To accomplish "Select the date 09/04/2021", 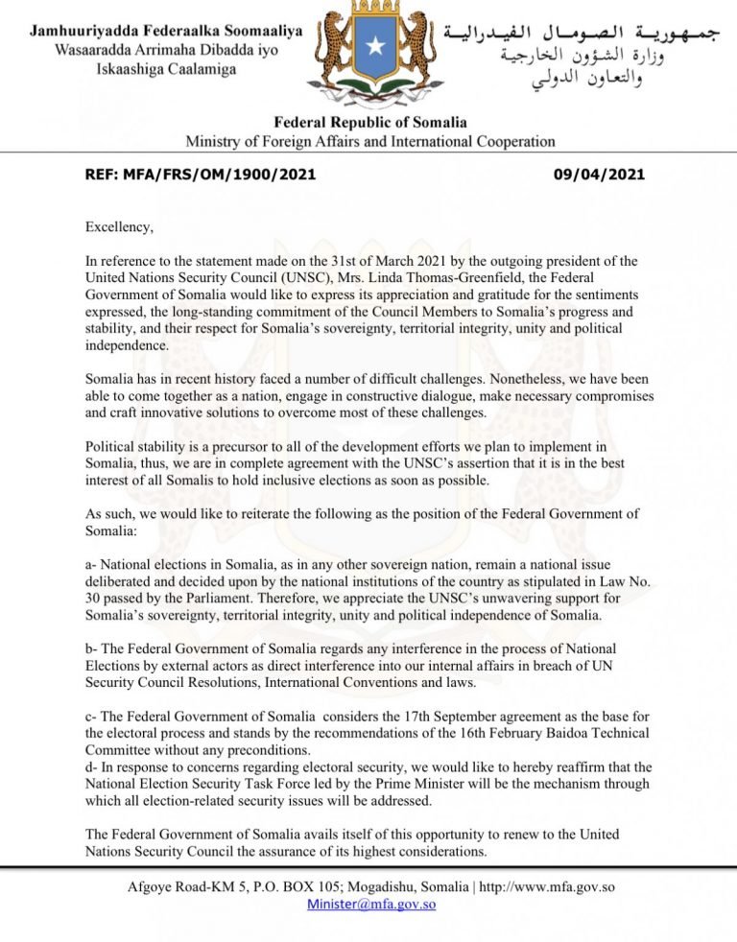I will tap(599, 176).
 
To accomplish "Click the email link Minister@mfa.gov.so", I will tap(371, 904).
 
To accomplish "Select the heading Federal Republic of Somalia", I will tap(370, 123).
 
